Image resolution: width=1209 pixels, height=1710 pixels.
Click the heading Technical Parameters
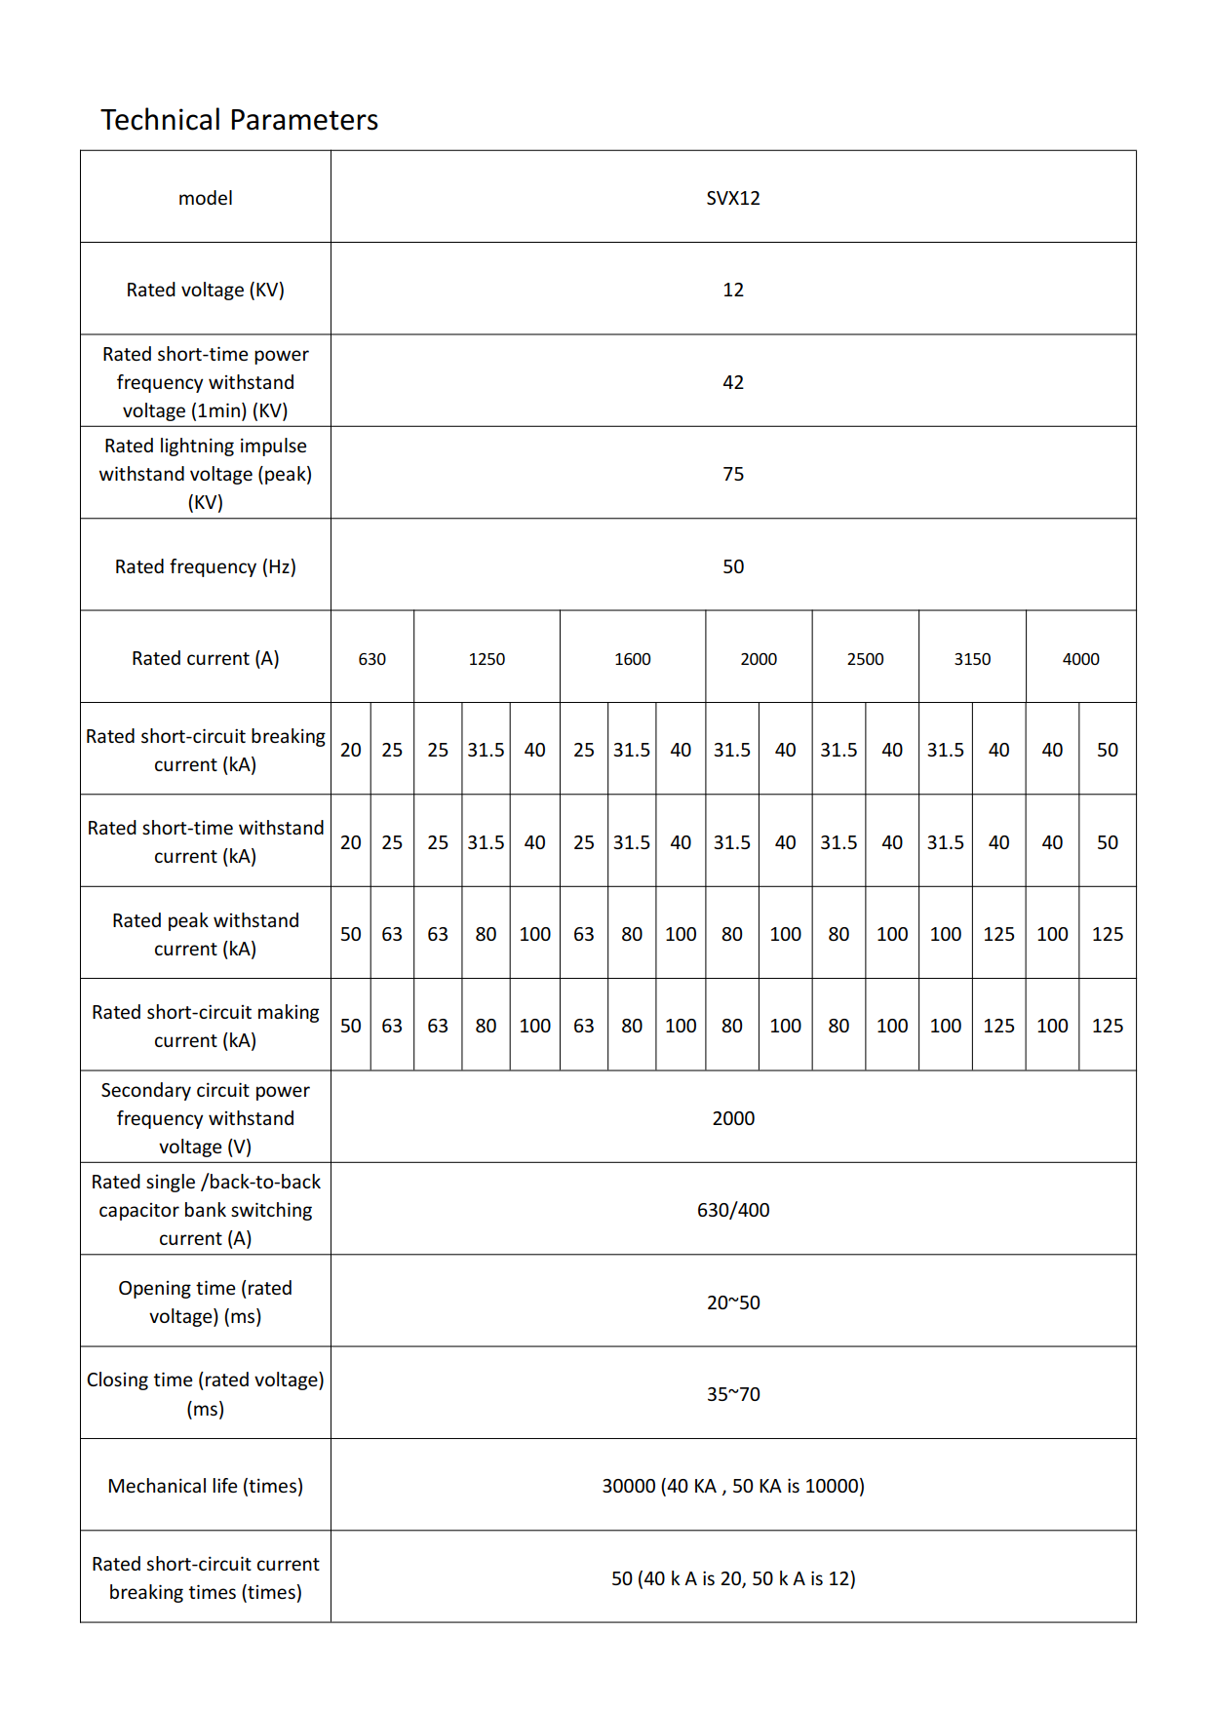coord(239,120)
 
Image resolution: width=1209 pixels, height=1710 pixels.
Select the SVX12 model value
coord(732,198)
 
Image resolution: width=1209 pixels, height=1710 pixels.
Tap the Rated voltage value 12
coord(732,290)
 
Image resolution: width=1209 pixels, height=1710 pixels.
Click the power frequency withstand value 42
coord(732,382)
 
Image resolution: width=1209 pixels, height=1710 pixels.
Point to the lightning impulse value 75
coord(732,474)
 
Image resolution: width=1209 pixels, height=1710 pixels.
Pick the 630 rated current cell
coord(371,659)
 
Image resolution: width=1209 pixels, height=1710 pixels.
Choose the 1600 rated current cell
coord(632,659)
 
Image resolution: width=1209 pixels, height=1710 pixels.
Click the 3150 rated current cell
coord(971,659)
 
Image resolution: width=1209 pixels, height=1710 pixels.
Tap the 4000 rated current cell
coord(1080,659)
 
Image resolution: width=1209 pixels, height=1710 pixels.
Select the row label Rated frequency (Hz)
coord(205,566)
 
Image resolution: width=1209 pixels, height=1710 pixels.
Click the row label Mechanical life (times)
coord(205,1486)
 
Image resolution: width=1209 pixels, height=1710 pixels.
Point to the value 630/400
coord(732,1210)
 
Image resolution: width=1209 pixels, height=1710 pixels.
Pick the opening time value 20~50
coord(732,1302)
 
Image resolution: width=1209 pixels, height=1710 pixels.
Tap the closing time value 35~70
coord(732,1394)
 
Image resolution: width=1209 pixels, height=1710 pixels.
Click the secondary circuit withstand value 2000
coord(732,1118)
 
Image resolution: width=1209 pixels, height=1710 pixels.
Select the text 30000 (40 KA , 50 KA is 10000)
coord(732,1486)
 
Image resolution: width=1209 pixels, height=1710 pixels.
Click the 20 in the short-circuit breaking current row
coord(350,750)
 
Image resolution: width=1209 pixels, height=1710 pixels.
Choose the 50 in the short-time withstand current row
coord(1107,842)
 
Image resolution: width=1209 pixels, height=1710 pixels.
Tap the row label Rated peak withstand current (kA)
coord(205,934)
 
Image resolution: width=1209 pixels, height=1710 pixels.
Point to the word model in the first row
coord(205,198)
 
